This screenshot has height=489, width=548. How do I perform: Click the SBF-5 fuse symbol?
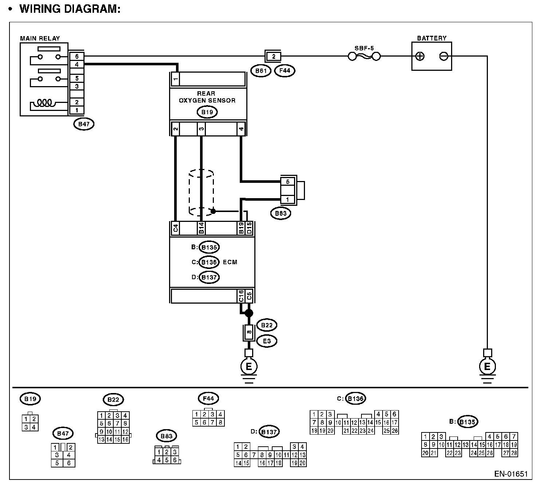click(x=364, y=56)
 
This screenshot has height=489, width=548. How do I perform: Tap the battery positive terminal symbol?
click(x=420, y=56)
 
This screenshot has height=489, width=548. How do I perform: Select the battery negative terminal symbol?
click(x=443, y=56)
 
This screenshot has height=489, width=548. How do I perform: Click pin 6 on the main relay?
click(x=77, y=57)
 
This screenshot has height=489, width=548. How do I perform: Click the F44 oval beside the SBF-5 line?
click(x=285, y=71)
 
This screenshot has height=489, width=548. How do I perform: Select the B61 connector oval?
click(x=261, y=71)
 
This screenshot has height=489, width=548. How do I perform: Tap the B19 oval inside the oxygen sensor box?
click(x=207, y=112)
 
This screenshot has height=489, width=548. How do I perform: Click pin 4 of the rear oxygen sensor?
click(x=241, y=129)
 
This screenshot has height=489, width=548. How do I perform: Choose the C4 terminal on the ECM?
click(x=175, y=228)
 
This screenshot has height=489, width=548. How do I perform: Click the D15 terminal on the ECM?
click(x=249, y=228)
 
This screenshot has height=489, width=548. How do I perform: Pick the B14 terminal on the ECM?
click(x=201, y=228)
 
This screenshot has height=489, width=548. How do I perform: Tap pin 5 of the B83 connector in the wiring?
click(x=287, y=181)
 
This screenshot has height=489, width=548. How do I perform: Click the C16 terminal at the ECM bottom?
click(x=241, y=296)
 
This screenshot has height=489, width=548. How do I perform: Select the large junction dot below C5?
click(x=249, y=313)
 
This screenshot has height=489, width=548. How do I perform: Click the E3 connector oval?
click(x=267, y=341)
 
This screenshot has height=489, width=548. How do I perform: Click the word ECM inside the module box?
click(x=230, y=262)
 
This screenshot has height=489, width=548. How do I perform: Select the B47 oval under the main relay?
click(x=84, y=124)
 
